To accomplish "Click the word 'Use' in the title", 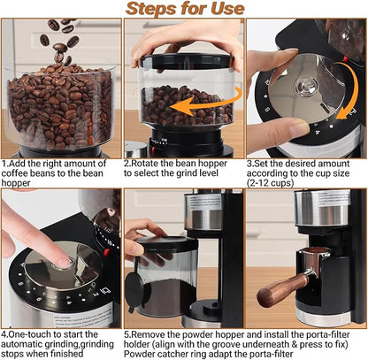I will click(x=226, y=10).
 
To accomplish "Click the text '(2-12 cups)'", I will click(x=275, y=186).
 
